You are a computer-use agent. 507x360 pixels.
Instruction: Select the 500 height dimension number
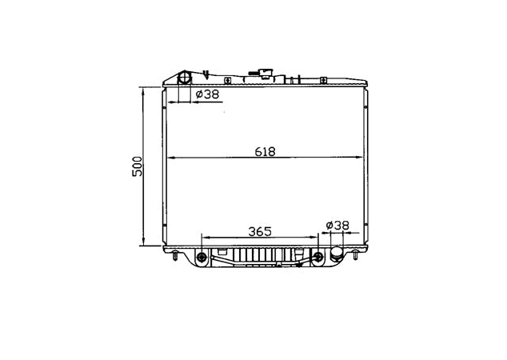click(137, 166)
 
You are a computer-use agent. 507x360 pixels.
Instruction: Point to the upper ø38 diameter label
click(207, 95)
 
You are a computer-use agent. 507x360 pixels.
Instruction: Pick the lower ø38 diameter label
click(337, 226)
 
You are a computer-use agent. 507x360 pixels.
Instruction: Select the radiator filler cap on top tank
click(265, 77)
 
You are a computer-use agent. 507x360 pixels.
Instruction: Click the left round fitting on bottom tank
click(201, 258)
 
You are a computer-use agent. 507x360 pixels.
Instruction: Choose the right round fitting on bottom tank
click(318, 258)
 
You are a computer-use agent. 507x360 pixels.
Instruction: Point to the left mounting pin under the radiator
click(174, 256)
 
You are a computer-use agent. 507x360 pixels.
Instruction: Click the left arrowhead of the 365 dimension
click(206, 237)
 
